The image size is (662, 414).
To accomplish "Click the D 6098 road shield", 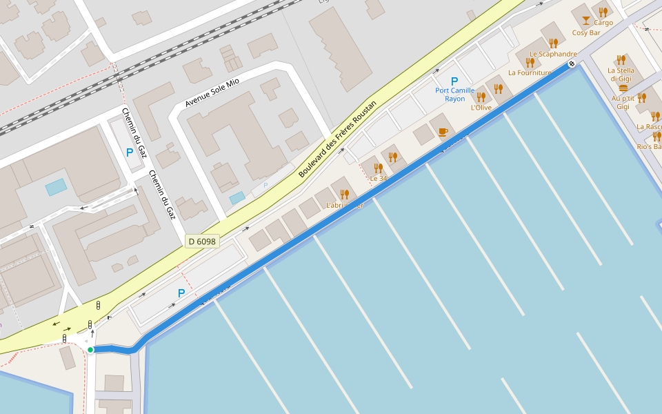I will tap(202, 241).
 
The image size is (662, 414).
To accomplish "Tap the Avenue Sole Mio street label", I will tap(212, 93).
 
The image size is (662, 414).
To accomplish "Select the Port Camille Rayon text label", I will tap(454, 95).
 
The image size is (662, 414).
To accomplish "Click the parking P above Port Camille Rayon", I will tap(454, 81).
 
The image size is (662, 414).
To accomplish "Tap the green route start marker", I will tap(90, 350).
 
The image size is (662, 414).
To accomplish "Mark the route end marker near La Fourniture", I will tap(572, 64).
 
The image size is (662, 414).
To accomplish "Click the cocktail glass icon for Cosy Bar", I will tap(586, 20).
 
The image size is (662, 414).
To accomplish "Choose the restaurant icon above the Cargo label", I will tap(603, 12).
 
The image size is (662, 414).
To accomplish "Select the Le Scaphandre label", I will tap(553, 54).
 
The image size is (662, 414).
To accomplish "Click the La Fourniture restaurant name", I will tap(530, 72).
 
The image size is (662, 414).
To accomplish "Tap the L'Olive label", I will tap(481, 108).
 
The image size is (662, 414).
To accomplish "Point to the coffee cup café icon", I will tap(443, 131).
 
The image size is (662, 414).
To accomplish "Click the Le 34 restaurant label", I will tap(379, 179).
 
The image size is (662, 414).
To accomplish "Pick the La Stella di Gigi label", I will tap(621, 75).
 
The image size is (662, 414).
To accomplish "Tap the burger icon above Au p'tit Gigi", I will tap(623, 88).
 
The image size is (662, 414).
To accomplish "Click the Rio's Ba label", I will tap(649, 147).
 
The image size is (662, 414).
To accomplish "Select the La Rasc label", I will tap(649, 127).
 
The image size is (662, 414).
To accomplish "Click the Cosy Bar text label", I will tap(586, 32).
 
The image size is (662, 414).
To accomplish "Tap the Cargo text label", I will tap(603, 23).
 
